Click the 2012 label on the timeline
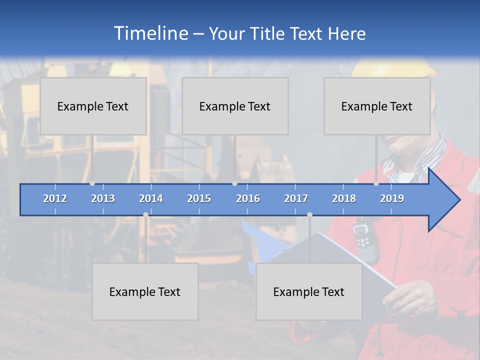[x=55, y=198]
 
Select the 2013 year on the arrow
[x=103, y=198]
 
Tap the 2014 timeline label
[x=151, y=198]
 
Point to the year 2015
[x=199, y=198]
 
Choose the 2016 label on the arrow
[x=248, y=198]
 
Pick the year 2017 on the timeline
[x=296, y=198]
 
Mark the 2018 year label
[x=344, y=198]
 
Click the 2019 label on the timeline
[x=392, y=198]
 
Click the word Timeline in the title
[x=150, y=33]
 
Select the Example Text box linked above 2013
[x=93, y=106]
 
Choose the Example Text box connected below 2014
[x=145, y=291]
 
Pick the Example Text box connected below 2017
[x=309, y=291]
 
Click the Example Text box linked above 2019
[x=377, y=106]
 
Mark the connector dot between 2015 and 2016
[x=235, y=183]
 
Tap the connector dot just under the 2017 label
[x=309, y=214]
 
